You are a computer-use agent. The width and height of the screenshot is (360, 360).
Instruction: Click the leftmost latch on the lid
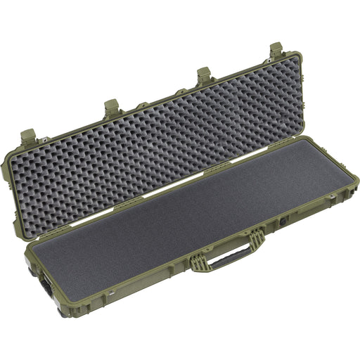(x=27, y=135)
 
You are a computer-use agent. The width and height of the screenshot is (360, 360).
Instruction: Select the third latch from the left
(x=204, y=75)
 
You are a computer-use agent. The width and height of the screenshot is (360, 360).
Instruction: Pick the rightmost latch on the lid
(x=276, y=51)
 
